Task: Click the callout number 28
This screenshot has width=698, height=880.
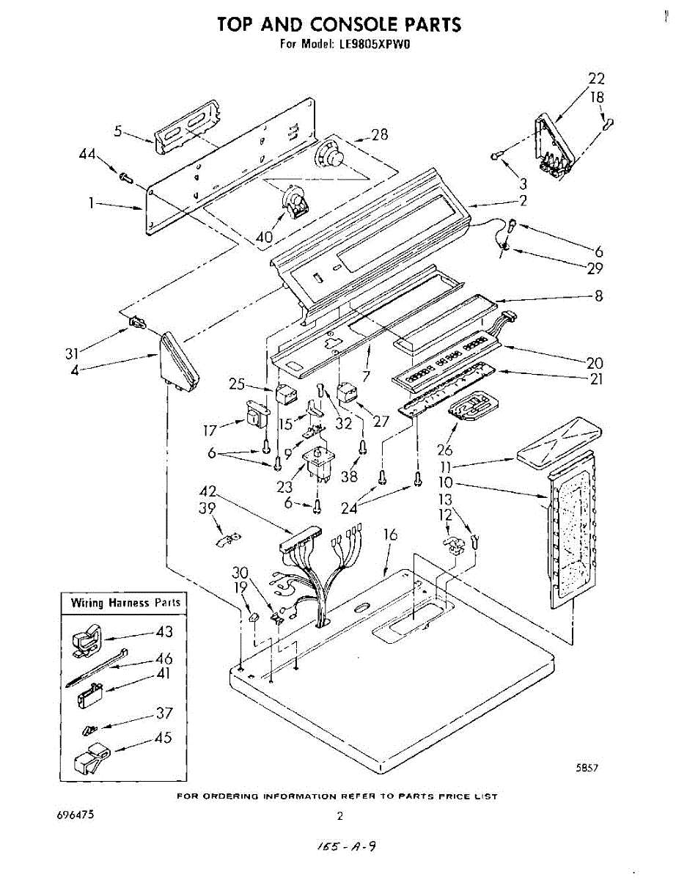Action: (x=379, y=134)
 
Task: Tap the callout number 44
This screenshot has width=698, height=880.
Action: (x=88, y=154)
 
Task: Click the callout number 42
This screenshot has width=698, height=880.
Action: (x=208, y=491)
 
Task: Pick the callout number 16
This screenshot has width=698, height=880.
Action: (x=390, y=535)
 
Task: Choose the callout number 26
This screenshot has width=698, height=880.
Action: (x=444, y=450)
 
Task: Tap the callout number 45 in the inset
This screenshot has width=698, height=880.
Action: (x=164, y=737)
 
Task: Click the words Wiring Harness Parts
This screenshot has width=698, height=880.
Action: (x=125, y=603)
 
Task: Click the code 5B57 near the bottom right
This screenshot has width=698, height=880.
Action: (x=589, y=769)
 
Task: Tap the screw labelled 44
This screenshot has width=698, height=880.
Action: (x=125, y=176)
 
